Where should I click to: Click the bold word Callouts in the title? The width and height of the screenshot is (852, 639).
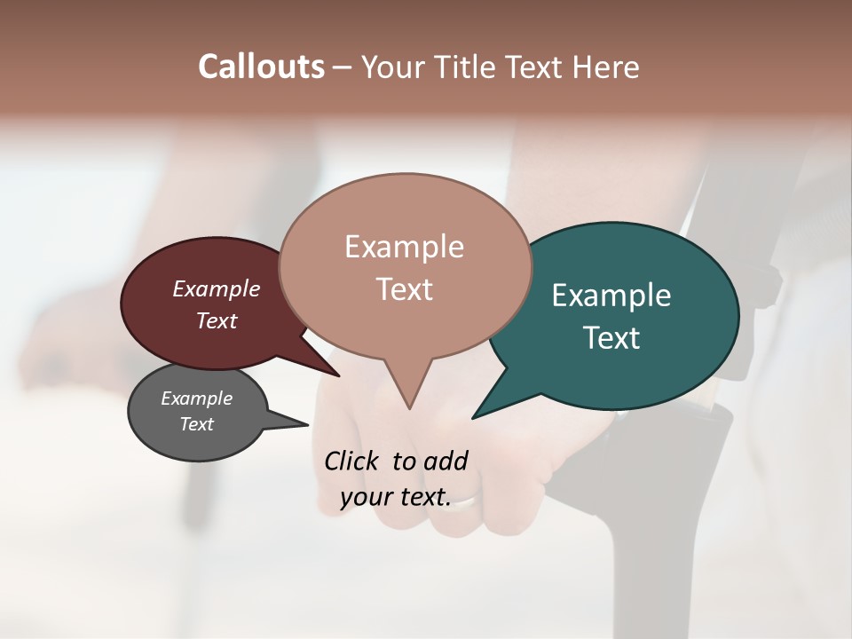click(261, 67)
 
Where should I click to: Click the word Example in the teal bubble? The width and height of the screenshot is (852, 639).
click(611, 296)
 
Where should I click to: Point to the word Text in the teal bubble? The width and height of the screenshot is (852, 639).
click(611, 338)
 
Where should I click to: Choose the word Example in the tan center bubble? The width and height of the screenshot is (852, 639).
click(404, 247)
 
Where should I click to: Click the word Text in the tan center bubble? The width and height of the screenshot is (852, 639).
click(404, 289)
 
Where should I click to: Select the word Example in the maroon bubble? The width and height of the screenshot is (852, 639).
click(216, 288)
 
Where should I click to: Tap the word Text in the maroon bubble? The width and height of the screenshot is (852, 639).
click(216, 320)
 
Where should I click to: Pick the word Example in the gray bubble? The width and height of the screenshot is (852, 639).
click(196, 398)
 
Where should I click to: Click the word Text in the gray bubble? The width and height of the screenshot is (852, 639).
click(196, 424)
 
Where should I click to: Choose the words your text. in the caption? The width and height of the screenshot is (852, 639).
click(396, 497)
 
